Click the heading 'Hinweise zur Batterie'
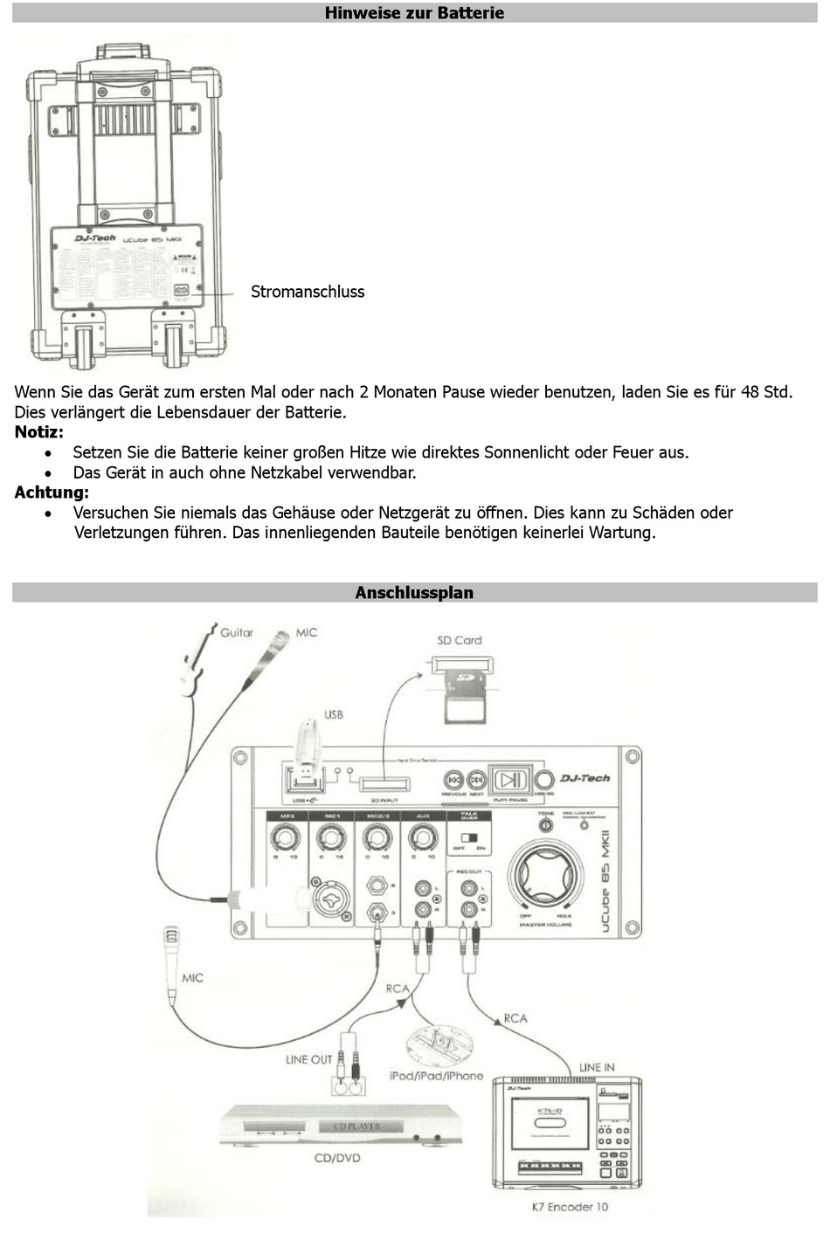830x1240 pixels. click(414, 13)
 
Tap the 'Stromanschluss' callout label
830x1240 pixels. click(308, 292)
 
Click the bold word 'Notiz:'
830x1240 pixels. click(38, 432)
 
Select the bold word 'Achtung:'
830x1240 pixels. click(52, 493)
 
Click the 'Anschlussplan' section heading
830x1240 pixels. click(414, 593)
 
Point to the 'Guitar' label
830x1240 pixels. click(237, 632)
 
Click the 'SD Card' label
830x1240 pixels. click(460, 640)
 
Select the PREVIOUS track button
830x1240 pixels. click(454, 780)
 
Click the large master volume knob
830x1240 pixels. click(546, 876)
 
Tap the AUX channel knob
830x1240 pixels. click(423, 839)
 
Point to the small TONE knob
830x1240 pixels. click(546, 825)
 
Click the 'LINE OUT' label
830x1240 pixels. click(309, 1059)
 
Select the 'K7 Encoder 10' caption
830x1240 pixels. click(570, 1207)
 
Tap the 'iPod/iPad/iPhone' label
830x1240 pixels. click(436, 1076)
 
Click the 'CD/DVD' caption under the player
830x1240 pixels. click(337, 1158)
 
